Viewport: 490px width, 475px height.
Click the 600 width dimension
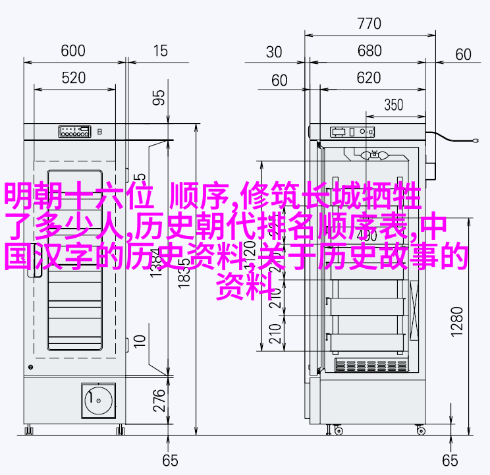click(73, 51)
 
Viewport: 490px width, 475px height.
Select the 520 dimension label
click(73, 78)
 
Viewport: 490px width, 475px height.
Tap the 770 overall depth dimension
click(369, 24)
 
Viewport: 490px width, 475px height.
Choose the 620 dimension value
click(369, 79)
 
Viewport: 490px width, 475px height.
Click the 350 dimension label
click(393, 105)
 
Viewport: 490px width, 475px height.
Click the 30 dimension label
click(275, 52)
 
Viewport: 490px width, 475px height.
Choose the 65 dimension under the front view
click(171, 459)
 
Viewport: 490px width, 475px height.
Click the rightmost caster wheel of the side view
click(421, 431)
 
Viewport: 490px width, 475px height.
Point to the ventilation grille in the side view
click(368, 365)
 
